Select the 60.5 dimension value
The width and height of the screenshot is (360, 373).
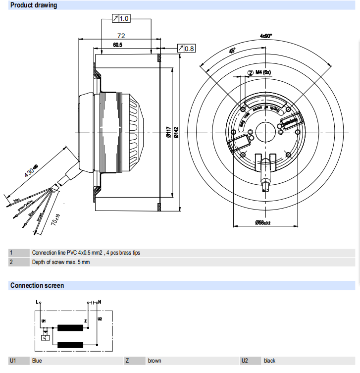pos(117,45)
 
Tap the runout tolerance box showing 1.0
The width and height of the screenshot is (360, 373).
pos(121,19)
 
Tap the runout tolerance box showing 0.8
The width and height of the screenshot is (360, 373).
pos(187,49)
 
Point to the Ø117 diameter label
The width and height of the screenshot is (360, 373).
pos(168,132)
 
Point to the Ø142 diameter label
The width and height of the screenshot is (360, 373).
pos(176,132)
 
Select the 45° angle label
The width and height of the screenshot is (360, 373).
pos(232,51)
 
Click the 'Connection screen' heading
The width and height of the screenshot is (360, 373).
pos(37,286)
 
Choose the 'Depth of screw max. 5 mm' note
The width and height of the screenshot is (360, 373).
pos(61,262)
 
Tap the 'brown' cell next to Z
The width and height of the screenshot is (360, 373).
pos(154,361)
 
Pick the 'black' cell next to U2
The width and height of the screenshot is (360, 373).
pos(269,361)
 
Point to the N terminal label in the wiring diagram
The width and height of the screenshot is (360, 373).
pos(101,302)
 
